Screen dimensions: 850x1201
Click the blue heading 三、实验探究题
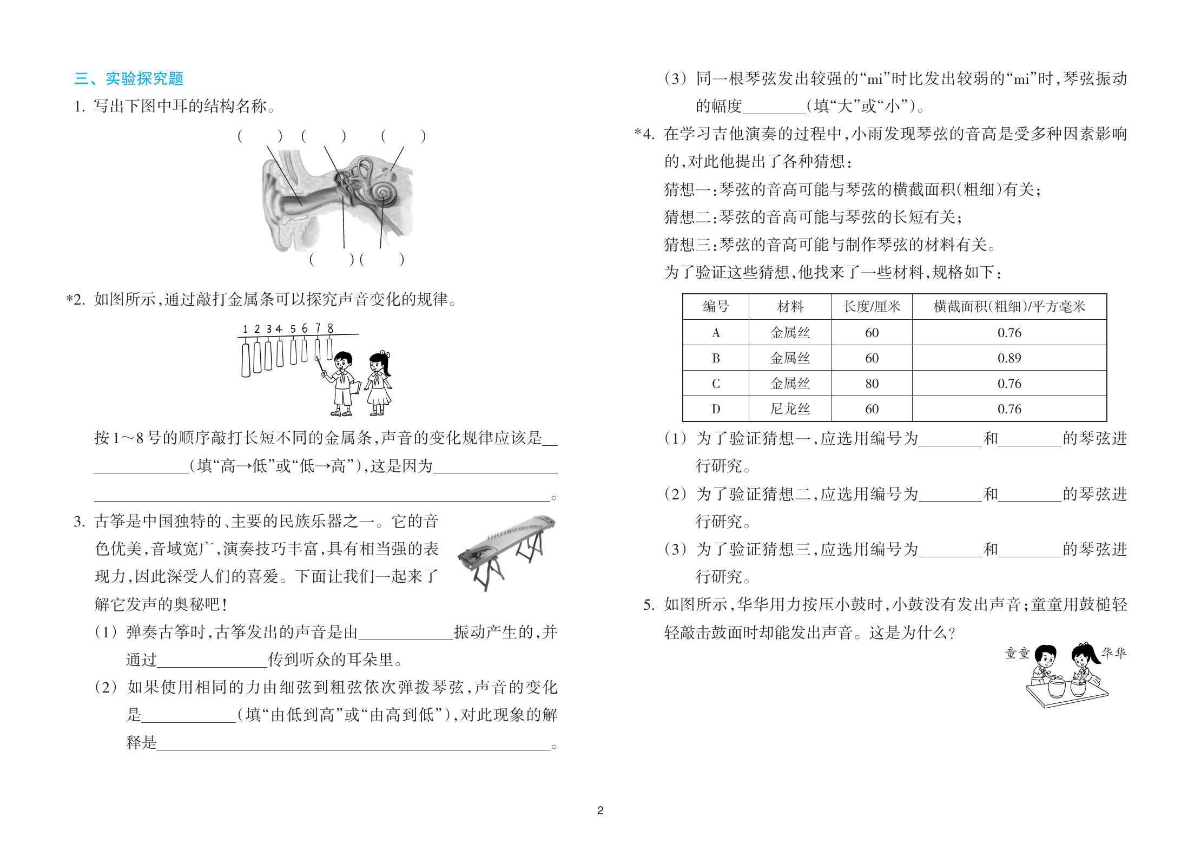click(x=129, y=79)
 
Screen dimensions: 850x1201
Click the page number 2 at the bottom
click(x=600, y=810)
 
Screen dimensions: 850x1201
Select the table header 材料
click(x=790, y=307)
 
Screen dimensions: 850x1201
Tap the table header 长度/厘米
click(x=872, y=307)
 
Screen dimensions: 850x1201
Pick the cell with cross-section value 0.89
click(x=1009, y=358)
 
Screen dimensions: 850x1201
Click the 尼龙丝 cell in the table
click(x=790, y=409)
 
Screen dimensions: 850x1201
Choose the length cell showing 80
click(x=872, y=384)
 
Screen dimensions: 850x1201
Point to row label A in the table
click(x=716, y=333)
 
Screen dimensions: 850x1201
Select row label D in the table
click(x=716, y=409)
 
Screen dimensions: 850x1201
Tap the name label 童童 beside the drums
click(x=1017, y=654)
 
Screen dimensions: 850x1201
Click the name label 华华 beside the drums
click(x=1114, y=654)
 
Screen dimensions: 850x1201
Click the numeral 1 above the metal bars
click(x=245, y=329)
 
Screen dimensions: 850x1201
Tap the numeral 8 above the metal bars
click(x=330, y=328)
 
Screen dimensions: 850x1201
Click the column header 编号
click(x=716, y=307)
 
